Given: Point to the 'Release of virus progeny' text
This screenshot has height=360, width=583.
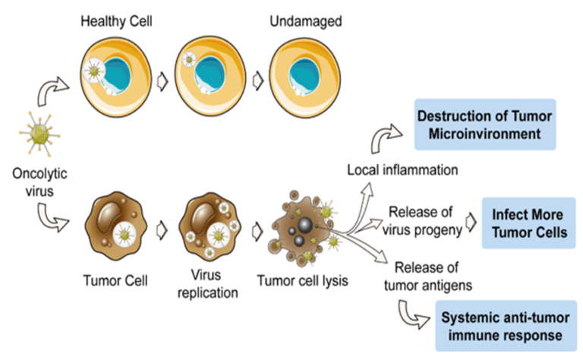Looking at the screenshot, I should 424,220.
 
